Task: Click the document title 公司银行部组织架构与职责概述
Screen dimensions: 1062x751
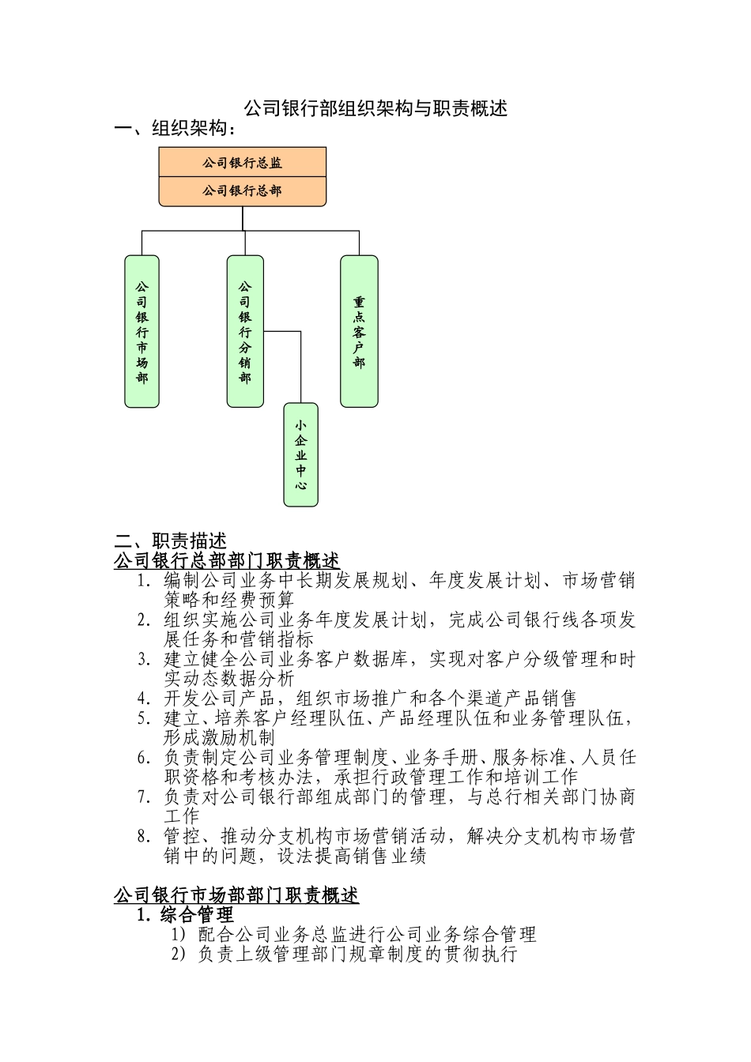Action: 375,108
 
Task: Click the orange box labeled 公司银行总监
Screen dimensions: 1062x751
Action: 243,163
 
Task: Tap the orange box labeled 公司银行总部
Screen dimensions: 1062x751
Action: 243,190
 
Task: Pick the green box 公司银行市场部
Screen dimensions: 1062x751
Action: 142,332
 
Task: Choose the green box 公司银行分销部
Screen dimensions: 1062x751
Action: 245,332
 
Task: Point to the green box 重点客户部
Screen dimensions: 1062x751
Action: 359,332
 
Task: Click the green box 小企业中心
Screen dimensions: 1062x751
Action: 301,454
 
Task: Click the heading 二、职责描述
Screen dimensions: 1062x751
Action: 171,541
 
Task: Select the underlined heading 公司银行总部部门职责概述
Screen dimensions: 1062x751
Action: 227,561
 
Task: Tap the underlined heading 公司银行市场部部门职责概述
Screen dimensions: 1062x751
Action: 236,895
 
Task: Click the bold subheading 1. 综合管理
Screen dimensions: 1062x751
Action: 185,915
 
